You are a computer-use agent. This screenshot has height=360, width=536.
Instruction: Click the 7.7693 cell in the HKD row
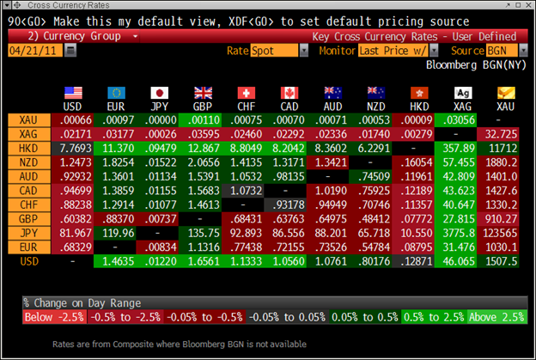74,149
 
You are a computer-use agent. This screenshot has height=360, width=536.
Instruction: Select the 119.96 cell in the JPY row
119,232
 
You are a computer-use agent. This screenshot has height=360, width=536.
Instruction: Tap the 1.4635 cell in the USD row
119,259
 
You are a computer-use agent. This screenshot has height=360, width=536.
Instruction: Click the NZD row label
28,162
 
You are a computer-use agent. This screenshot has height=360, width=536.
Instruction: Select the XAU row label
28,121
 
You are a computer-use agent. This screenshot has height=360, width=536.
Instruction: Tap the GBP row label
28,218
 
